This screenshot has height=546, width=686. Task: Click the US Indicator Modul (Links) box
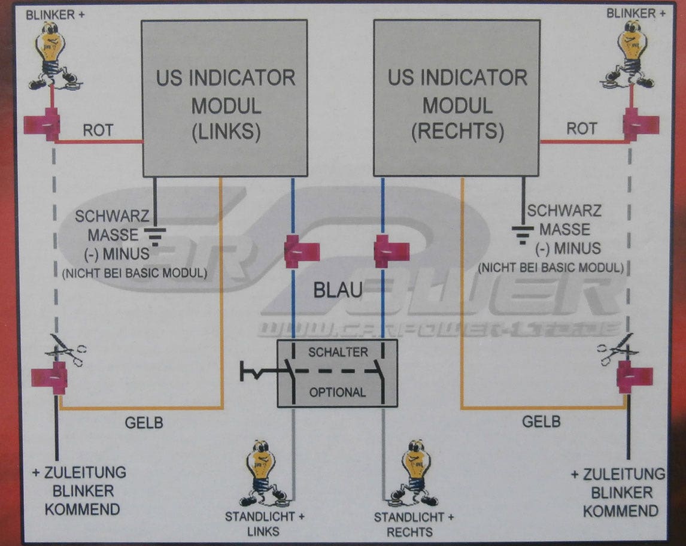[224, 98]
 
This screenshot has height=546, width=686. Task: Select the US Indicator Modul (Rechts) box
[457, 98]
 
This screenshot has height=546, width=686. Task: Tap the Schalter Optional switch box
[337, 373]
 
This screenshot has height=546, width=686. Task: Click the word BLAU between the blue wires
[338, 292]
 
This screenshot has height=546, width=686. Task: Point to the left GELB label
[144, 423]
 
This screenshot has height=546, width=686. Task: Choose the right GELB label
[541, 421]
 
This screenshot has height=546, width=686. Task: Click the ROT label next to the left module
[98, 130]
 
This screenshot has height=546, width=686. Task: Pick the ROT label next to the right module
[581, 129]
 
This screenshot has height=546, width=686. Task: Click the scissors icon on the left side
[66, 349]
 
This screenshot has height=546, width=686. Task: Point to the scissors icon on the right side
[617, 348]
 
